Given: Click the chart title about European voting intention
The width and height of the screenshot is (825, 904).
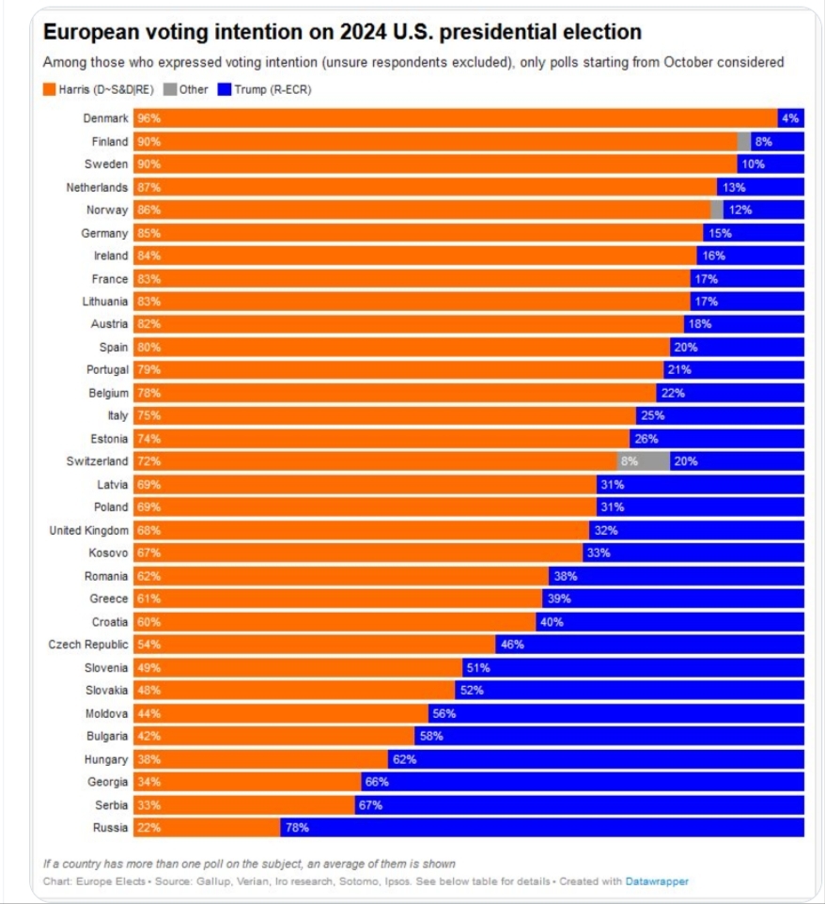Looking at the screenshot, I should click(342, 32).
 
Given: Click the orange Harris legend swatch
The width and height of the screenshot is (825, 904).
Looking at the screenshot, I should click(50, 90).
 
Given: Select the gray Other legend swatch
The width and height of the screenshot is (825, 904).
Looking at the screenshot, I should click(169, 90).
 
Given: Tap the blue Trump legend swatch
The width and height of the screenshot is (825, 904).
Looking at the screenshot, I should click(224, 90).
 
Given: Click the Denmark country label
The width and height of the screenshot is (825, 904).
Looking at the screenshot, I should click(105, 119).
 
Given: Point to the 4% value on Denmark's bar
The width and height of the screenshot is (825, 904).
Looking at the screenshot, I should click(790, 119).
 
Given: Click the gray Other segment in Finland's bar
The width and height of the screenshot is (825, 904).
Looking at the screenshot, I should click(744, 142).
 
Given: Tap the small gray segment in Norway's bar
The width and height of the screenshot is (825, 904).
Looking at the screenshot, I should click(717, 210).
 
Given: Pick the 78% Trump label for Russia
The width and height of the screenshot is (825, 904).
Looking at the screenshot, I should click(297, 827).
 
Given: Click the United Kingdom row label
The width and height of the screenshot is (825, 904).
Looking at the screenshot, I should click(88, 530).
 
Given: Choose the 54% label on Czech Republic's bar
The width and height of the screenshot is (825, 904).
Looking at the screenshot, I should click(148, 645).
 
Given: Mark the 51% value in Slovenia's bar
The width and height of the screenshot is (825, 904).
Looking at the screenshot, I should click(477, 667).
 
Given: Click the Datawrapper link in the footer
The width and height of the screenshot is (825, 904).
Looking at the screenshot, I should click(657, 881).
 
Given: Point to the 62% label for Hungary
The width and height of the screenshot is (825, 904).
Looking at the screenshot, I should click(404, 758).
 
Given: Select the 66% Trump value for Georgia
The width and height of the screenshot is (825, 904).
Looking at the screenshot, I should click(377, 782).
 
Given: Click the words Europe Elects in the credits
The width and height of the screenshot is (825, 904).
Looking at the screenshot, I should click(101, 881).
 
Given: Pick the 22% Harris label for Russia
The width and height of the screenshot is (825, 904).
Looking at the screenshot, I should click(148, 827).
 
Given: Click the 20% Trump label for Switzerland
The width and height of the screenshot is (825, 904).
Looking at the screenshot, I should click(685, 461).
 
